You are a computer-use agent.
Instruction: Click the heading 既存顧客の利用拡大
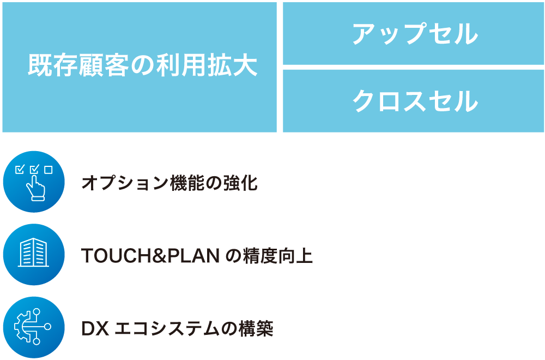(142, 65)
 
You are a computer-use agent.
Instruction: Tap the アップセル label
(415, 34)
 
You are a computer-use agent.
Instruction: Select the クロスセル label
(415, 101)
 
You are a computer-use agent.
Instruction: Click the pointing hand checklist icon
(34, 182)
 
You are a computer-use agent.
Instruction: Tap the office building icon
(34, 254)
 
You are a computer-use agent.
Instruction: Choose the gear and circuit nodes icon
(34, 327)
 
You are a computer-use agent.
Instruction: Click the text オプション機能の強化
(169, 183)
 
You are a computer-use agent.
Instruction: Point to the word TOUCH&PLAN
(150, 256)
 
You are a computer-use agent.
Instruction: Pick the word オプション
(125, 183)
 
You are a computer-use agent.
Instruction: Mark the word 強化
(240, 183)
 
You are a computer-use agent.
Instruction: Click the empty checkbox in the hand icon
(49, 170)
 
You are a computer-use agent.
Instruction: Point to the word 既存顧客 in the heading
(78, 65)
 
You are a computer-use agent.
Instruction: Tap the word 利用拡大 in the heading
(207, 65)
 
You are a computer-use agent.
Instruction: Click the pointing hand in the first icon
(36, 188)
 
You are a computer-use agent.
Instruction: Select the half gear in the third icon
(22, 327)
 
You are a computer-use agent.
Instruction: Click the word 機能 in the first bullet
(187, 183)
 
